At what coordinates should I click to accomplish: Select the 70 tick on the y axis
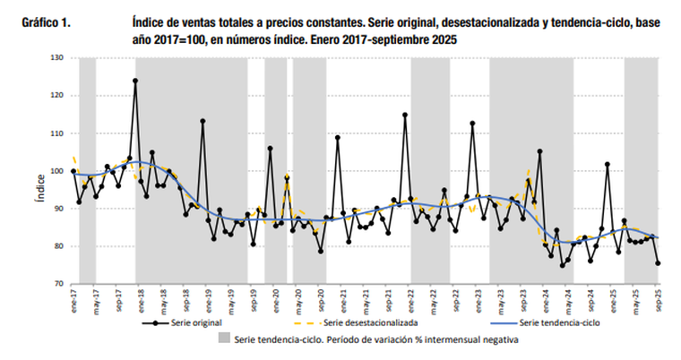click(59, 284)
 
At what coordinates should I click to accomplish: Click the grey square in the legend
click(223, 339)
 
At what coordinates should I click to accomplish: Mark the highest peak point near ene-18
click(135, 81)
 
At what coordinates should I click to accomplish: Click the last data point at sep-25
click(658, 263)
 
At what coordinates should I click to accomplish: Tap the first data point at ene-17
click(73, 171)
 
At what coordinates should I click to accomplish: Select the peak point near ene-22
click(405, 115)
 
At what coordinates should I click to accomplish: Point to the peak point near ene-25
click(608, 164)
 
